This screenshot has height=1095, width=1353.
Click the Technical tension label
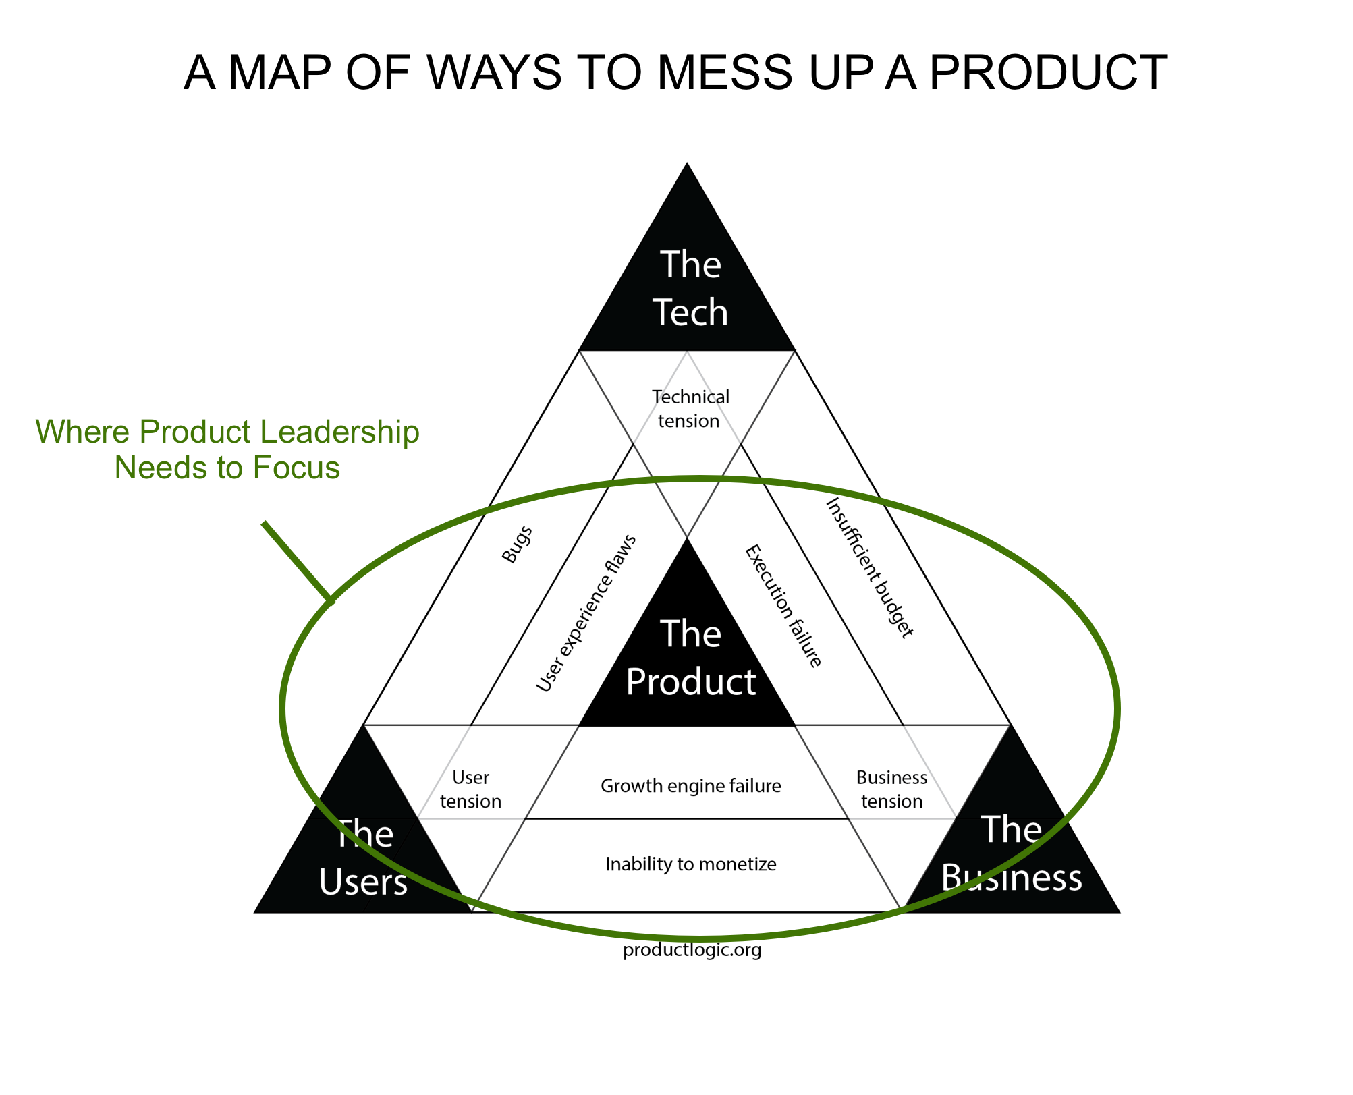pos(690,409)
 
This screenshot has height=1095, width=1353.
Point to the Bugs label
pos(517,544)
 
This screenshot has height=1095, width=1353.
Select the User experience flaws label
pos(586,613)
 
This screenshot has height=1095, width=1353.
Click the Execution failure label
pos(783,606)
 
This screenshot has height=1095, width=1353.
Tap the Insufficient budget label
pos(870,567)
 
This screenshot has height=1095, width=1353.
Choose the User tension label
pos(470,789)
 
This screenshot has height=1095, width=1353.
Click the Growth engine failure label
pos(690,786)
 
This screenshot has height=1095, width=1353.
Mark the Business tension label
pos(891,789)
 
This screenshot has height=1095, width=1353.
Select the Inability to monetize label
pos(690,864)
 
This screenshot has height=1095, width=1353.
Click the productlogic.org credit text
pos(692,950)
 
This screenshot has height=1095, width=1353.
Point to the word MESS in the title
pos(725,75)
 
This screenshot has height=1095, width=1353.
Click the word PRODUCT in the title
pos(1045,75)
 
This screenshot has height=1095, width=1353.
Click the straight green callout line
pos(298,561)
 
